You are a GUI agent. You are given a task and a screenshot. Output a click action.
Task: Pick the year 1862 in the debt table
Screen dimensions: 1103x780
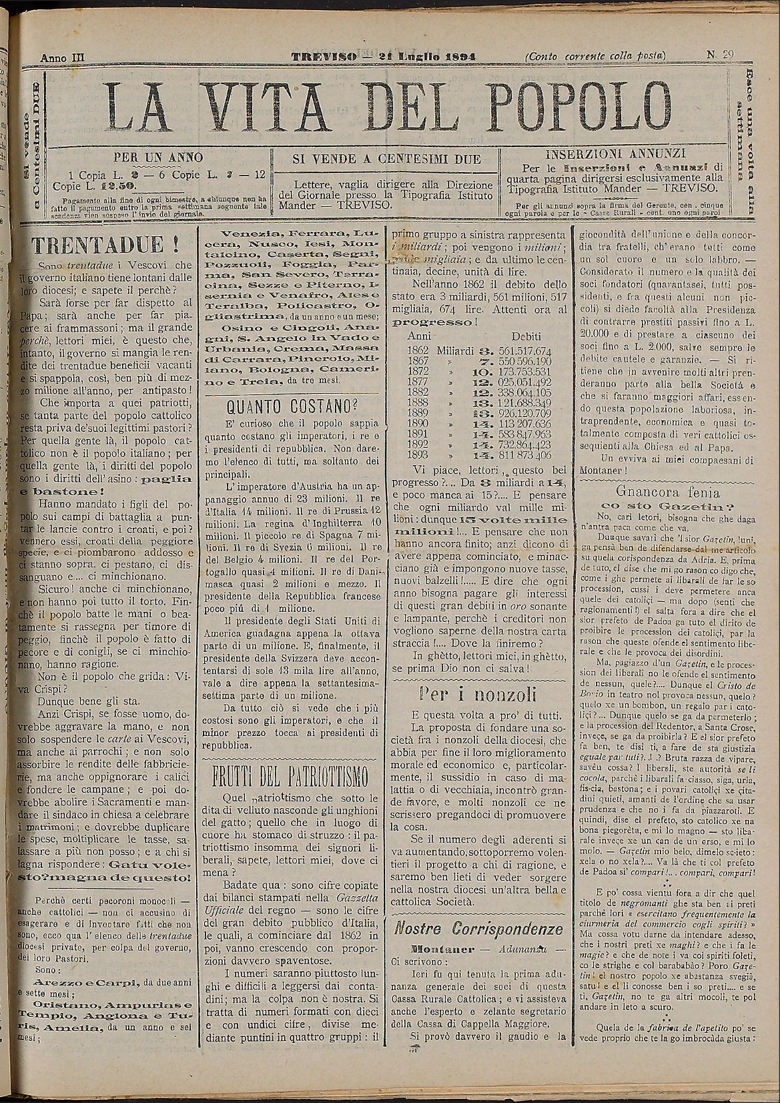(x=418, y=350)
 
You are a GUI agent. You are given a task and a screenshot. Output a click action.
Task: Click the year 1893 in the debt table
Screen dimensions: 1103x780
(x=418, y=456)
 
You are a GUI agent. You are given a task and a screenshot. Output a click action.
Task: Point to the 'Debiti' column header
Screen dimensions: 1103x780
(x=526, y=337)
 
